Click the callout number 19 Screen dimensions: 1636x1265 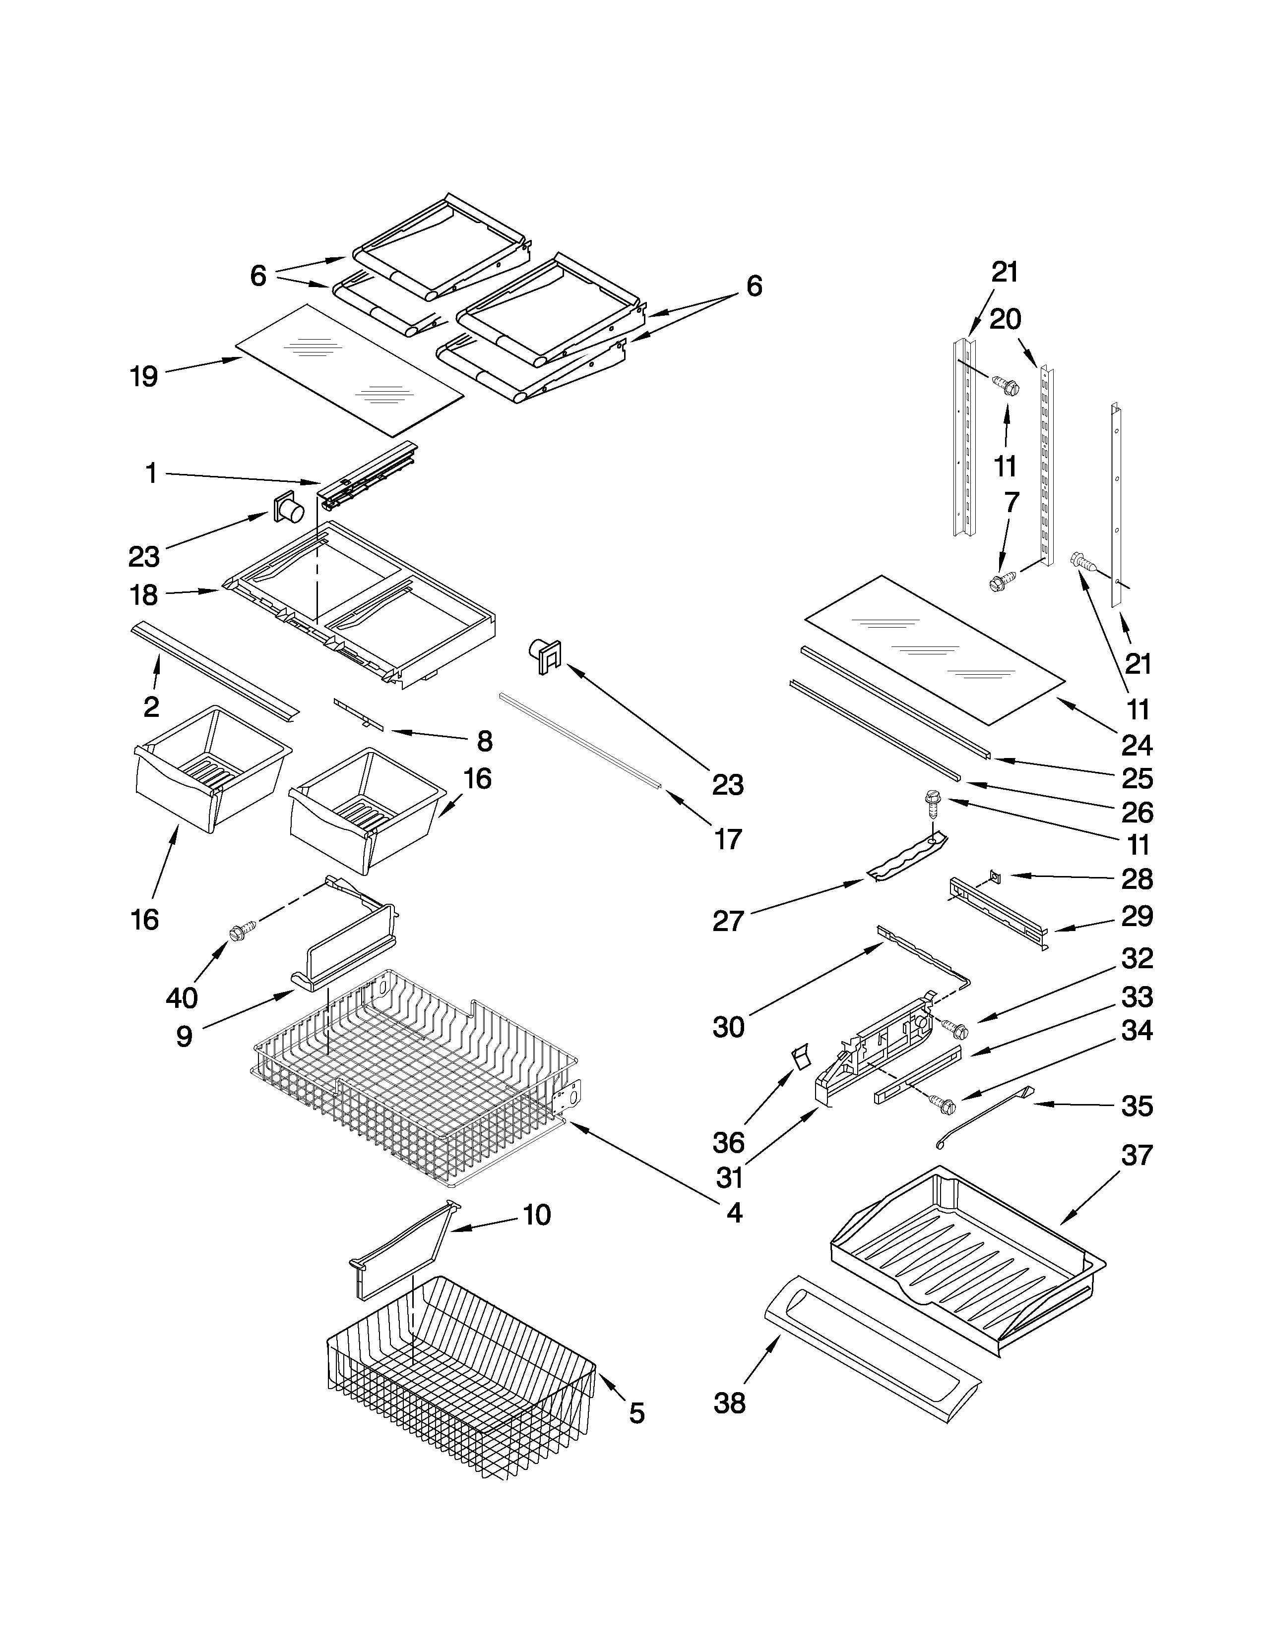pos(144,376)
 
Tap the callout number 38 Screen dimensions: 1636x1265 pos(729,1403)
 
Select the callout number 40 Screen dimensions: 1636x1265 pos(182,997)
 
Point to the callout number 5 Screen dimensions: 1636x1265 pos(636,1413)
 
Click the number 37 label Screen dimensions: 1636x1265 pos(1136,1155)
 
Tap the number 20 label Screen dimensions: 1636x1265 pos(1005,319)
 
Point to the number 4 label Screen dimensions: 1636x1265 pos(734,1213)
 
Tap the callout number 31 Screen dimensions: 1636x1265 pos(729,1177)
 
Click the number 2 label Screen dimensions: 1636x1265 pos(151,706)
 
